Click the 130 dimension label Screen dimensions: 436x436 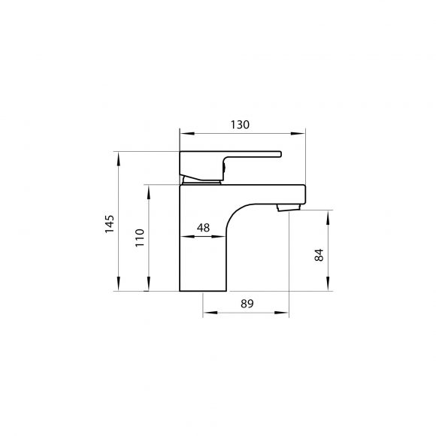240,125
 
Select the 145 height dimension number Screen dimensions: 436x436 109,224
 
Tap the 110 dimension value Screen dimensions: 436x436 140,238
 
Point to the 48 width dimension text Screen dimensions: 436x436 203,228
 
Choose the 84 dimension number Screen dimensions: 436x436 319,255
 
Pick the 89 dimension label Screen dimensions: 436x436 247,304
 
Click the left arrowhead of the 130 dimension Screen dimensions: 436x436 187,134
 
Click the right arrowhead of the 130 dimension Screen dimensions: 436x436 298,134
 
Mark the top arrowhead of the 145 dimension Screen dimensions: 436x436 119,159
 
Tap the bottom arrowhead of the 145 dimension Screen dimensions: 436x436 119,283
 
